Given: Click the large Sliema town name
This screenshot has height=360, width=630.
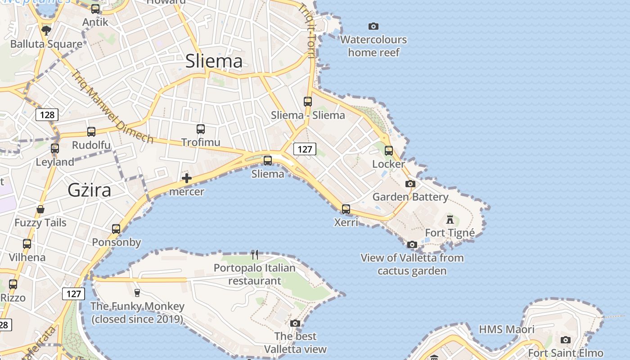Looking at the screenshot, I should [214, 61].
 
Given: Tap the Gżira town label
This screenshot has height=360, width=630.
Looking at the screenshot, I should [89, 190].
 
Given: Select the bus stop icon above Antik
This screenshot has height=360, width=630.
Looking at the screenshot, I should [95, 9].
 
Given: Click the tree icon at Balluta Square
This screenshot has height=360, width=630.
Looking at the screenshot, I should [46, 31].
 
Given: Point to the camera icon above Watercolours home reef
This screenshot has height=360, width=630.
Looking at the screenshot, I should [373, 27].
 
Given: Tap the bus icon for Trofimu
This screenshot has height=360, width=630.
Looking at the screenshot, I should [201, 129].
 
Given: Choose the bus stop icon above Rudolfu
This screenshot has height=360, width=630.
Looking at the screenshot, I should [91, 132].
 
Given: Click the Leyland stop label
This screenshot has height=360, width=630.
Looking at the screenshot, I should [55, 162].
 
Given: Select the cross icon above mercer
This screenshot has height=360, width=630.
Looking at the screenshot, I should [187, 178].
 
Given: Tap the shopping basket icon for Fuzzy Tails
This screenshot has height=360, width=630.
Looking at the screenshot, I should [40, 209].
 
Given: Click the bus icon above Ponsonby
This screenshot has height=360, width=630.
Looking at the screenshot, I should [116, 229].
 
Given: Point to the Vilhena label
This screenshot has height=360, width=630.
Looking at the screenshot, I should [27, 257].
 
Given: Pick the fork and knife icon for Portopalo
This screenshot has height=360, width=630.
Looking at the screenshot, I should [255, 255].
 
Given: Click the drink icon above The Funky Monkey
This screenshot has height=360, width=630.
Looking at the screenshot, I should [137, 292].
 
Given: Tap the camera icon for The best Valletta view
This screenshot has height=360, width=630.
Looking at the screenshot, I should [295, 323].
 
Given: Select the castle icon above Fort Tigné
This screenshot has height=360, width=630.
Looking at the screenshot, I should [450, 220].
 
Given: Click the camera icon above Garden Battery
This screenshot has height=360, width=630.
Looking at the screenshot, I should [410, 184].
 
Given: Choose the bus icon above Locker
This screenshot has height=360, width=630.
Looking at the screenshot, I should [389, 151].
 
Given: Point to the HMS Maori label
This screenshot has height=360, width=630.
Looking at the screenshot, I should [507, 329].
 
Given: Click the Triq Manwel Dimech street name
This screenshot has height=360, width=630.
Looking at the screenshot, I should [112, 107].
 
